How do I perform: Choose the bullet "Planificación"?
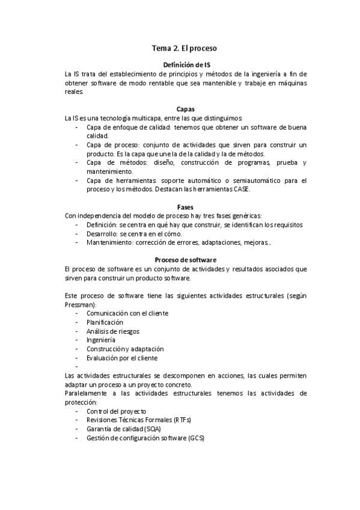click(x=108, y=322)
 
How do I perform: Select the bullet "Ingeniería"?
click(x=101, y=340)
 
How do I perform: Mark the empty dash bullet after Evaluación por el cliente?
click(x=77, y=366)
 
